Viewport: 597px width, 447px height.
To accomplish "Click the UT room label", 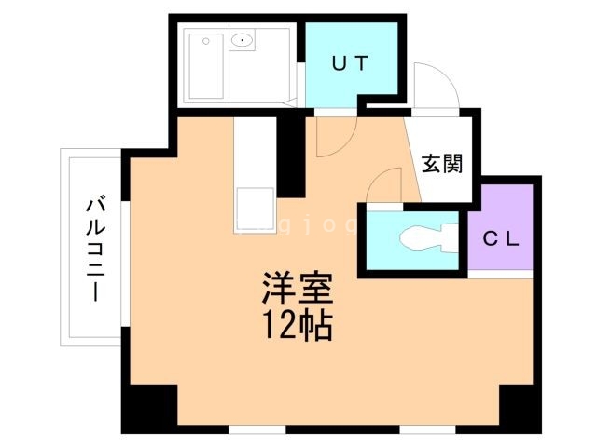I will tap(352, 63).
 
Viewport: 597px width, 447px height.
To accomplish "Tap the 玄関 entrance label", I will tap(442, 164).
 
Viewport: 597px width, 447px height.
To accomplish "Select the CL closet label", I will tap(499, 237).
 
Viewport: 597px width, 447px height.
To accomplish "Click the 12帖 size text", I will tap(297, 326).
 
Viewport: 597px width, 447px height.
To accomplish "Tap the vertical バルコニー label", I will tap(93, 246).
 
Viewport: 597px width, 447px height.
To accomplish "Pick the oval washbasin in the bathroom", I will tap(242, 40).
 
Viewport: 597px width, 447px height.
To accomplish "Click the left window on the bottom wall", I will tap(256, 429).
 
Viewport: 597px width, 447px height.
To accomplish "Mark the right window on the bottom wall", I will tap(427, 429).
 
